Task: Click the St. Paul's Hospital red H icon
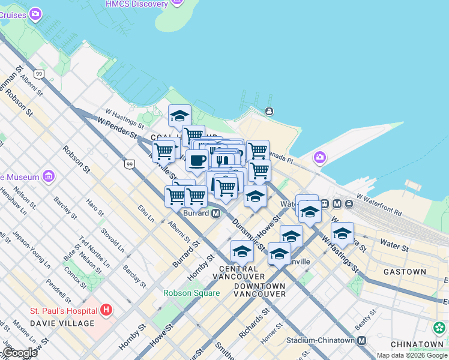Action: [106, 310]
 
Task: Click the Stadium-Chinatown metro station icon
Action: [361, 341]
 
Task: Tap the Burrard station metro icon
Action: [215, 214]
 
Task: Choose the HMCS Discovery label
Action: [136, 4]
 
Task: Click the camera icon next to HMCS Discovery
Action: [176, 4]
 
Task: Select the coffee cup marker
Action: [197, 161]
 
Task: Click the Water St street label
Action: [393, 246]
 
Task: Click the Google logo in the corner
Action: [19, 353]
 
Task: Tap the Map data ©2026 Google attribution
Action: [412, 355]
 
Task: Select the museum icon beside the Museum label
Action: [49, 177]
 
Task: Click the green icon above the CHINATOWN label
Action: [439, 328]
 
